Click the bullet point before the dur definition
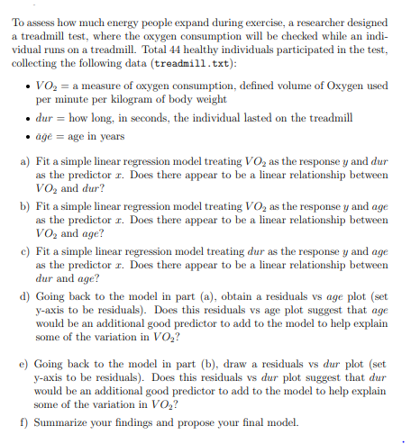tap(43, 118)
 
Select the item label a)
tap(23, 160)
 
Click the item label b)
tap(23, 205)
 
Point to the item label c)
tap(23, 252)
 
